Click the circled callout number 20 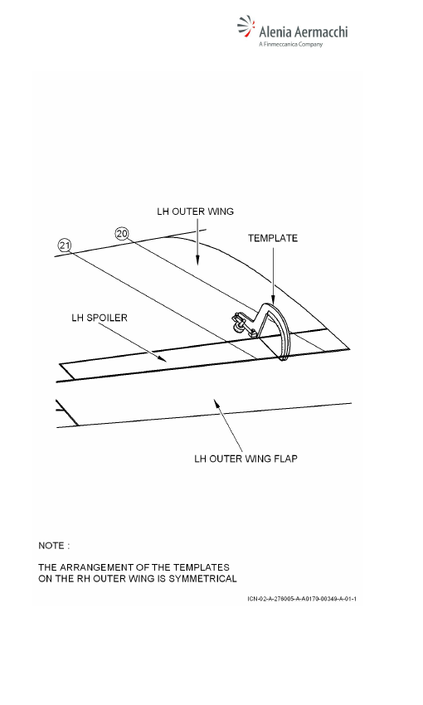[x=122, y=234]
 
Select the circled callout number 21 [x=65, y=246]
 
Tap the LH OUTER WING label [x=195, y=211]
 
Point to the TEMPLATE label [x=273, y=238]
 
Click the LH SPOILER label [x=100, y=318]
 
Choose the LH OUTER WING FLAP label [x=246, y=459]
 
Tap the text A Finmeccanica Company [x=291, y=44]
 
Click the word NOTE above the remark [x=51, y=546]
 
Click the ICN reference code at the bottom [x=302, y=599]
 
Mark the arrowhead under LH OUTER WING [x=197, y=260]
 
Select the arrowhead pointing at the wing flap [x=217, y=403]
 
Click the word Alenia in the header [x=275, y=32]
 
